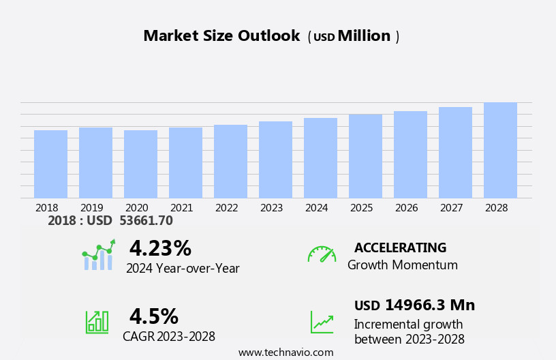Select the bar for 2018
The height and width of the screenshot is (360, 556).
50,164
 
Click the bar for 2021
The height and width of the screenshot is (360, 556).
185,163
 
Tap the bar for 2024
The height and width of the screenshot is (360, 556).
320,158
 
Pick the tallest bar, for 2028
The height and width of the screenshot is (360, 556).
500,151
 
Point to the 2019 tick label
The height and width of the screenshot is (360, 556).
91,208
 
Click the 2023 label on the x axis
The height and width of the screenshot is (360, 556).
271,208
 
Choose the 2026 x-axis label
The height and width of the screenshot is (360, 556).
406,208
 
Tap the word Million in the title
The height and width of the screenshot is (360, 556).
364,36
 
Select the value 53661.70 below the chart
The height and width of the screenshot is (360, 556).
145,221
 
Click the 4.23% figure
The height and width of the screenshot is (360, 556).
160,248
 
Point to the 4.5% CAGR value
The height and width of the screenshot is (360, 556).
154,316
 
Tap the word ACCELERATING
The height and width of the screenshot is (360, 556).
400,247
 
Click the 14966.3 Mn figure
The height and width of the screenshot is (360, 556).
430,305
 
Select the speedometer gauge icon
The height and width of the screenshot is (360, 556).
322,254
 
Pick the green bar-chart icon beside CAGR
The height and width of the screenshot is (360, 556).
97,321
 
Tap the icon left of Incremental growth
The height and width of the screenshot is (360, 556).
322,322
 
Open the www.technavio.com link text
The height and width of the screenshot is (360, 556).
285,352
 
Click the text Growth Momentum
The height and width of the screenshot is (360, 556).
402,265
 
